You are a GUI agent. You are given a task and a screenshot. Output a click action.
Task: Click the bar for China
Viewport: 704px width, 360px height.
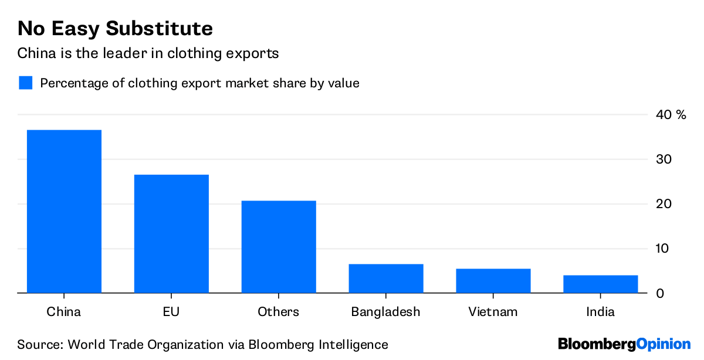[64, 211]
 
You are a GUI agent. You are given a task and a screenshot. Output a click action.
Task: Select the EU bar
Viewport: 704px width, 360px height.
[171, 233]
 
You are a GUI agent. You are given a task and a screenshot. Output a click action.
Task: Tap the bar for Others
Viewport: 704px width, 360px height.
[279, 246]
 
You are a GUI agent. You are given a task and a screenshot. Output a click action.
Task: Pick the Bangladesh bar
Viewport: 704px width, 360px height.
[386, 279]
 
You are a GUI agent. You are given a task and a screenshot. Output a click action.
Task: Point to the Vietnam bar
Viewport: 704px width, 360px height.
[493, 281]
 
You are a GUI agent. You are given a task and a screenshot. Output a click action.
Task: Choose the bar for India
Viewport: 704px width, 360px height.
[600, 284]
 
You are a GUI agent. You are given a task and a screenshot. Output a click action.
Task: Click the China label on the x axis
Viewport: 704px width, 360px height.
[64, 312]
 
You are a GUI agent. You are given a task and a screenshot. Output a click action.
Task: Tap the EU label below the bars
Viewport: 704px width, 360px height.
[171, 312]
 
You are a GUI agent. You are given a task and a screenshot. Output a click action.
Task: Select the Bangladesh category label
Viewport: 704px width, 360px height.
[386, 312]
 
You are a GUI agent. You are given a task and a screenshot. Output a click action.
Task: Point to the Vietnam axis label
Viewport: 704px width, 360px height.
[493, 312]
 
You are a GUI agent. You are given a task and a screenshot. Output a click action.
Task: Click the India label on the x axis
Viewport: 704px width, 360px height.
[600, 312]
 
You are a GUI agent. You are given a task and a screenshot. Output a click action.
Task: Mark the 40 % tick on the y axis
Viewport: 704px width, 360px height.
[671, 115]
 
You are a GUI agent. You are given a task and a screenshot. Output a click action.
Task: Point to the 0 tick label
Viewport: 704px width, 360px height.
[660, 293]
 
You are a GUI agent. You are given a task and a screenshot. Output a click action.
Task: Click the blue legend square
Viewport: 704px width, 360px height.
[25, 83]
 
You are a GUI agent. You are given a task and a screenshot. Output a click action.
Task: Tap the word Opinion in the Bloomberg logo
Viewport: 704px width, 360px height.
[664, 344]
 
